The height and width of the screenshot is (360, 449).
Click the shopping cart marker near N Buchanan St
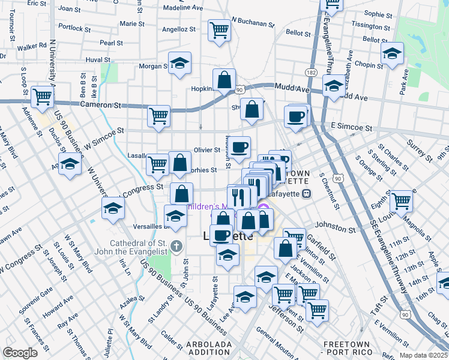coord(220,30)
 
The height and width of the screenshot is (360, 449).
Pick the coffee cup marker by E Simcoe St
coord(295,117)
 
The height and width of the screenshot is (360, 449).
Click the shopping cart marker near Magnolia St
coord(401,201)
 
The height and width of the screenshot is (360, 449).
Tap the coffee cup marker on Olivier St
coord(239,148)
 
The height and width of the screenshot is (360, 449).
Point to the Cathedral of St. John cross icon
coord(176,245)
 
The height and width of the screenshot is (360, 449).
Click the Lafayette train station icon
coord(306,193)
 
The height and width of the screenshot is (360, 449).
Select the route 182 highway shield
coord(310,72)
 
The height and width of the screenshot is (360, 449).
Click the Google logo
coord(20,352)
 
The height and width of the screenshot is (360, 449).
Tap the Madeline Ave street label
coord(183,8)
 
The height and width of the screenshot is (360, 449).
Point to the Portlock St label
coord(75,28)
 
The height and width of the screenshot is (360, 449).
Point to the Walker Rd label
coord(32,46)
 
